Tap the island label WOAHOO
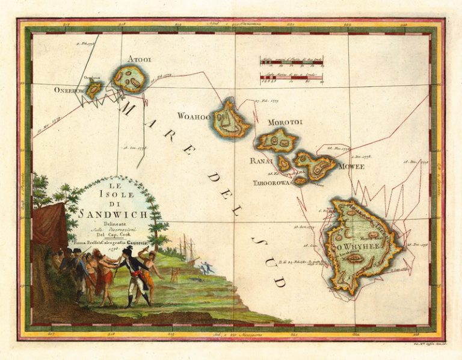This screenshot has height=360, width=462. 194,116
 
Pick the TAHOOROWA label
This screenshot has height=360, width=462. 271,181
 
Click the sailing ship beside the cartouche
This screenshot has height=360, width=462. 186,247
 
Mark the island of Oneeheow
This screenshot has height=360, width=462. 94,90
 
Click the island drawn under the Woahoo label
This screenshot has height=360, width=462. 230,119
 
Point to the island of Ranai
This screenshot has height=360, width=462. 283,163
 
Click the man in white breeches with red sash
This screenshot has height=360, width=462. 131,271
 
